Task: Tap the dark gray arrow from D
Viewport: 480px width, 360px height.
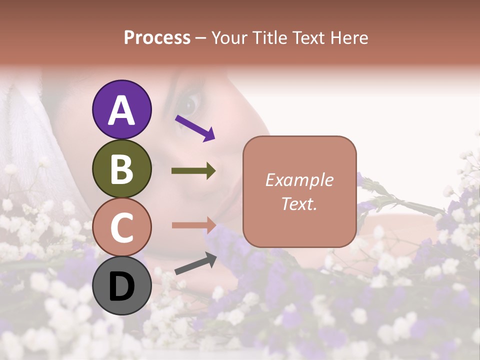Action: (195, 263)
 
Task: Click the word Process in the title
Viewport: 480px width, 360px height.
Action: (157, 38)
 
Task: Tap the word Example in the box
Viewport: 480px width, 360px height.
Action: (299, 180)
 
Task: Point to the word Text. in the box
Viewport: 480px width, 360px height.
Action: (299, 203)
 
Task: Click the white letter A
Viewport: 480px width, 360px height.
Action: (122, 110)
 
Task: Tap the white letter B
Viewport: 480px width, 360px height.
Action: (122, 168)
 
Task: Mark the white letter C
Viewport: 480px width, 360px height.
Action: (122, 227)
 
